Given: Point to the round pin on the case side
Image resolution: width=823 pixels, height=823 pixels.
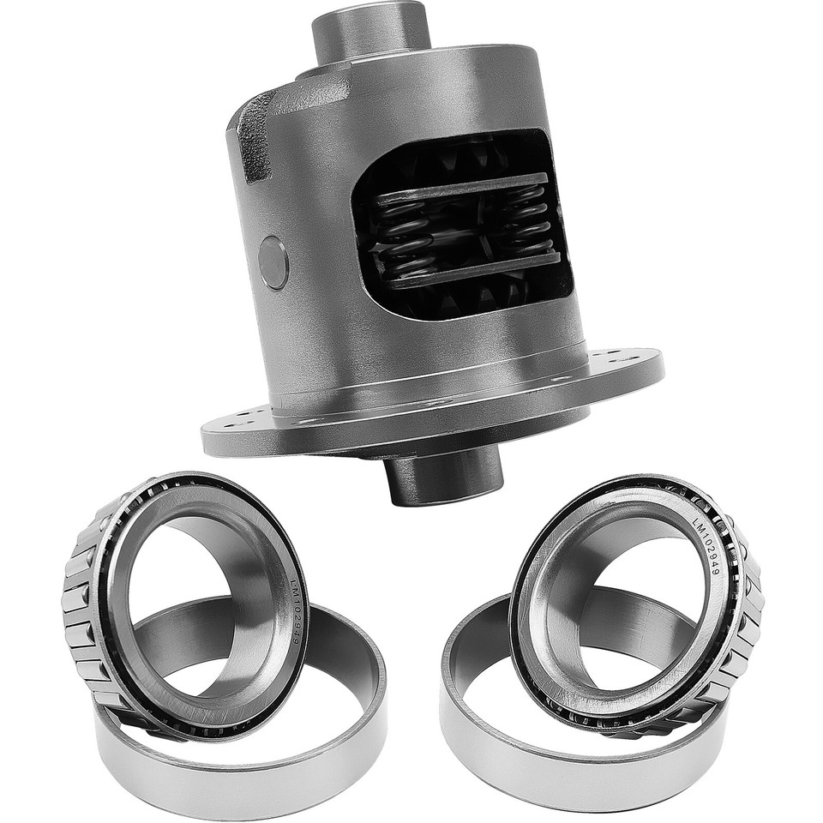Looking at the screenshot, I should [x=273, y=262].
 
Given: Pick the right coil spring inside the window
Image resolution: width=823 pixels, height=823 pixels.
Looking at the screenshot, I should [x=525, y=225].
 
